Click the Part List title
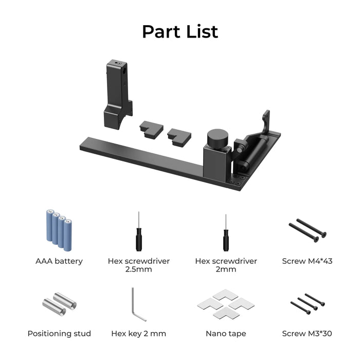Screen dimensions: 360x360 pos(180,31)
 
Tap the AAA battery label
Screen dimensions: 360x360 pos(59,261)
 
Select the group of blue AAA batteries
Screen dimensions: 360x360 pos(59,226)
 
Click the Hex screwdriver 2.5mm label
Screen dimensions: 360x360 pos(138,265)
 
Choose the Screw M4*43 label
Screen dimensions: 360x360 pos(307,261)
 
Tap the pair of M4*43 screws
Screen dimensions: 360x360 pos(307,229)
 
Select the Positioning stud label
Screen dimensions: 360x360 pos(59,334)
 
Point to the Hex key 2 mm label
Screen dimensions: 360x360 pos(138,334)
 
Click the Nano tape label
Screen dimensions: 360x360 pos(226,334)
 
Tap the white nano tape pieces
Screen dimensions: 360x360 pos(225,304)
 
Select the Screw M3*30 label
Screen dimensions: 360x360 pos(307,334)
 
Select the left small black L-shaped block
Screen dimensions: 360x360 pos(151,130)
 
